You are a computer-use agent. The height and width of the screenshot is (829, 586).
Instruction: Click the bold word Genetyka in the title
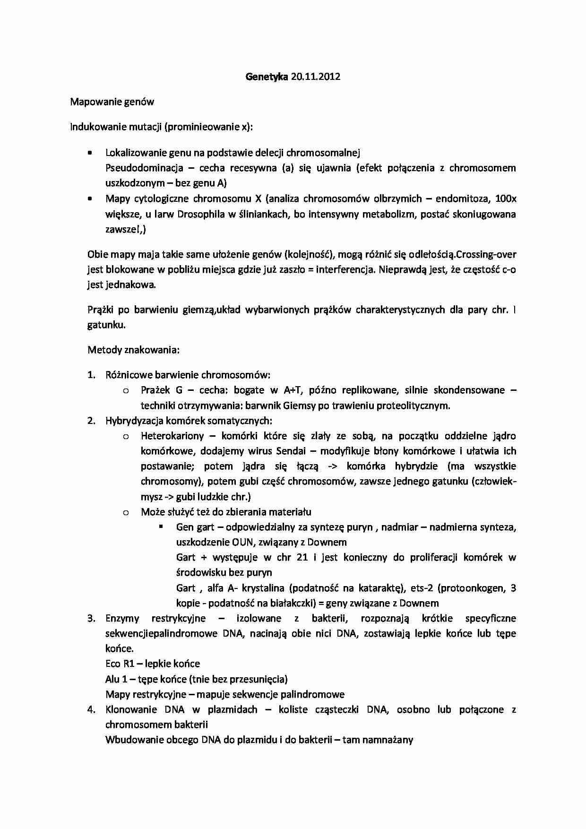266,77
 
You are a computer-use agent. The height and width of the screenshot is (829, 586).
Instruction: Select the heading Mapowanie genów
112,102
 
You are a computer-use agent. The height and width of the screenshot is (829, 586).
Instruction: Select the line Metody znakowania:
134,350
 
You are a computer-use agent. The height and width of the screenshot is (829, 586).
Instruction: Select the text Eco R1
120,664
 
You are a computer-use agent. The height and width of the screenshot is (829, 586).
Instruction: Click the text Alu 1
116,679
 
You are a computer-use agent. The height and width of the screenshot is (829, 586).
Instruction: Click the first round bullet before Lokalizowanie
90,153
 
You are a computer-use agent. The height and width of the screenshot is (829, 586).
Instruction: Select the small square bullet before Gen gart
161,526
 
